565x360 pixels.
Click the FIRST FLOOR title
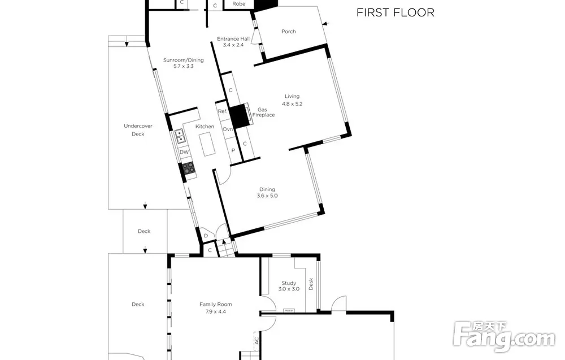(395, 12)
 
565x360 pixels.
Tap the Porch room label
(289, 32)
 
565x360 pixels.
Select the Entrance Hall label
(233, 39)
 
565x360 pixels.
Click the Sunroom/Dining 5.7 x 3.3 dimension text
(184, 66)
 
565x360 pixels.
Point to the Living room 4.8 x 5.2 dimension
(292, 104)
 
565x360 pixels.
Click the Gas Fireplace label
(263, 112)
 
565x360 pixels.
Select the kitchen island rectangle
(207, 144)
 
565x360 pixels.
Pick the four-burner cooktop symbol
(189, 168)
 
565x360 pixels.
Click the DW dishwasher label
(184, 152)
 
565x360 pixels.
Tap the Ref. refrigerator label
(223, 111)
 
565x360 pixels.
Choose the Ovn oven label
(228, 129)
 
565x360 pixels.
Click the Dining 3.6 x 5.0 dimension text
(267, 196)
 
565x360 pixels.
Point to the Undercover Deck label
(138, 130)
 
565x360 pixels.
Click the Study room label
(289, 283)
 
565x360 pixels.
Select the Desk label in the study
(311, 284)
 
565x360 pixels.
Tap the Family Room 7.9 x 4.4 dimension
(216, 312)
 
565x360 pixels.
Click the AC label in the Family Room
(257, 340)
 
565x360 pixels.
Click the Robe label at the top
(239, 4)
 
